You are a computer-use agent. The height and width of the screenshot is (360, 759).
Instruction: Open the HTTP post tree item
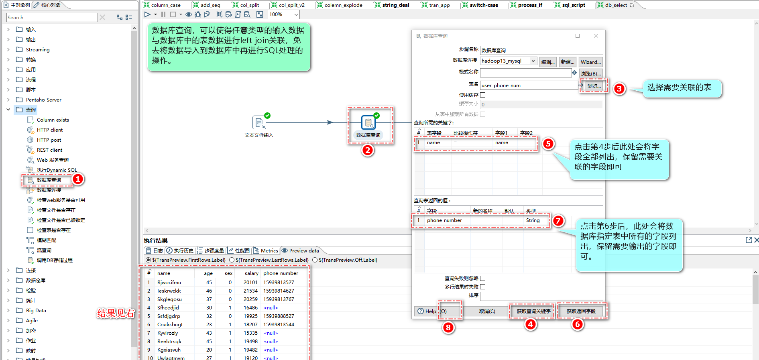[49, 140]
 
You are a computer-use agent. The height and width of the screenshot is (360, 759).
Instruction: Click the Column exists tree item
[53, 120]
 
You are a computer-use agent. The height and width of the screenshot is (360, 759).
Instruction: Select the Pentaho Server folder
[43, 100]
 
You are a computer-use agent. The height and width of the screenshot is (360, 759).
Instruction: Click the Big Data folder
[36, 310]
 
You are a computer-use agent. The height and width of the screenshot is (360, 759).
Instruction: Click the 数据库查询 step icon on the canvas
[368, 122]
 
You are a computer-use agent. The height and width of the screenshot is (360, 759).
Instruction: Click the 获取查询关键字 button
[533, 311]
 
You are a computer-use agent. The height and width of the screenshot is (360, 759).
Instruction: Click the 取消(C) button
[487, 311]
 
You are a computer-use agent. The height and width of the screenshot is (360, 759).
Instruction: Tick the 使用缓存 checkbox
[483, 95]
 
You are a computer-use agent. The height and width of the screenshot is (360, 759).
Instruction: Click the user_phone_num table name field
[529, 85]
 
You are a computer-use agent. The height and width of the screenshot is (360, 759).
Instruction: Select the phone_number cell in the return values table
[444, 220]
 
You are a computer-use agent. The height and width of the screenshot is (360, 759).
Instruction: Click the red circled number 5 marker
[548, 144]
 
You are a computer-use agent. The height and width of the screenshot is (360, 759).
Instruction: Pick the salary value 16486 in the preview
[250, 307]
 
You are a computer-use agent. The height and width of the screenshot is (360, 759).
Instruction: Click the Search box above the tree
[52, 17]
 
